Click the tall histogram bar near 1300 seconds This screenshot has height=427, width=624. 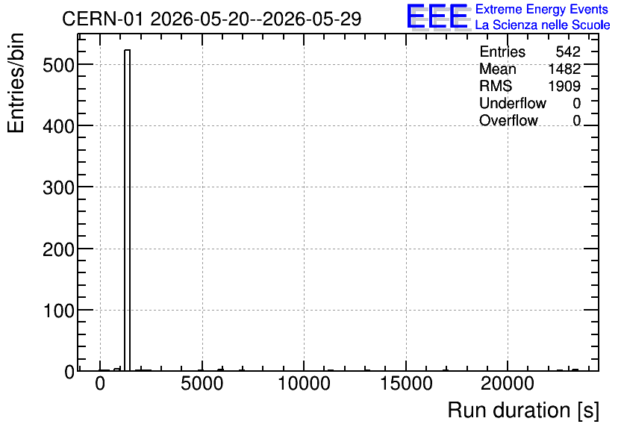pyautogui.click(x=128, y=210)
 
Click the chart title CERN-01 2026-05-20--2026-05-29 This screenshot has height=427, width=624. pyautogui.click(x=212, y=19)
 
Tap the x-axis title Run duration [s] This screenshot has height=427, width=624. pyautogui.click(x=523, y=411)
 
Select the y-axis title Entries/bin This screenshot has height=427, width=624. pyautogui.click(x=16, y=83)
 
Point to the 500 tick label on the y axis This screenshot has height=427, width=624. pyautogui.click(x=58, y=65)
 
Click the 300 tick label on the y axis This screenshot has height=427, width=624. pyautogui.click(x=58, y=187)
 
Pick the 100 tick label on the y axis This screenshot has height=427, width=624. pyautogui.click(x=58, y=311)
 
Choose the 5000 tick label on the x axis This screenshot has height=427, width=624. pyautogui.click(x=202, y=384)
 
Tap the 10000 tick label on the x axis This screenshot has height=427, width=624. pyautogui.click(x=304, y=384)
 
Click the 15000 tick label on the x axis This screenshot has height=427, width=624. pyautogui.click(x=406, y=384)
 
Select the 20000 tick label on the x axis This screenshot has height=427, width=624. pyautogui.click(x=508, y=384)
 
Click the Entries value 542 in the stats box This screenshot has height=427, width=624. pyautogui.click(x=568, y=52)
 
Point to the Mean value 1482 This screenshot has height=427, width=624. pyautogui.click(x=564, y=69)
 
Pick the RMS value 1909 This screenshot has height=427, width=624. pyautogui.click(x=564, y=86)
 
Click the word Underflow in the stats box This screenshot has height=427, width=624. pyautogui.click(x=513, y=103)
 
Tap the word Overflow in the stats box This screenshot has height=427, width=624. pyautogui.click(x=508, y=120)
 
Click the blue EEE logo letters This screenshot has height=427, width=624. pyautogui.click(x=437, y=16)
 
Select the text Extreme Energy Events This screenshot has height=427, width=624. pyautogui.click(x=542, y=9)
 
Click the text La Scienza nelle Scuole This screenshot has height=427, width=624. pyautogui.click(x=543, y=25)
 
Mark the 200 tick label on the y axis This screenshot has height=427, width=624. pyautogui.click(x=58, y=249)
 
